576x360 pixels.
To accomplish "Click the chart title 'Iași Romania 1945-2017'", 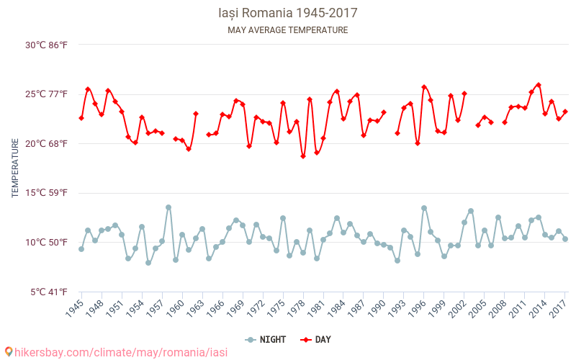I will coord(287,13).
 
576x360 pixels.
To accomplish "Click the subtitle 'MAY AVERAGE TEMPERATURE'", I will coord(287,30).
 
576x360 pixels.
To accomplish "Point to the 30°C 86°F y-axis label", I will coord(47,45).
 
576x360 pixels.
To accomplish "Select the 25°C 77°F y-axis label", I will coord(47,94).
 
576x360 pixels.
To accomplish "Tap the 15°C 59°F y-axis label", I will coord(47,193).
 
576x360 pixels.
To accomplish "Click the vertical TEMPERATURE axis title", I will coord(15,168).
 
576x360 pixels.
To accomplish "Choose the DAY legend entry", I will coord(316,339).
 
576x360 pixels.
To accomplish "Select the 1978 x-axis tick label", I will coord(294,310).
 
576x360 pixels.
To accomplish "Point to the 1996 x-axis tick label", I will coord(415,310).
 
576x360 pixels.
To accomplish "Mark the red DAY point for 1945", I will coord(81,118).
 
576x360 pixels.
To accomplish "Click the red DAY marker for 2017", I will coord(565,112).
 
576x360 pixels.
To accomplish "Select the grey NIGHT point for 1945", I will coord(81,249).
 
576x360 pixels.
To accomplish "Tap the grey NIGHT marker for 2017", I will coord(565,239).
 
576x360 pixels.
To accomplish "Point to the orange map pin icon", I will coord(9,351).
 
